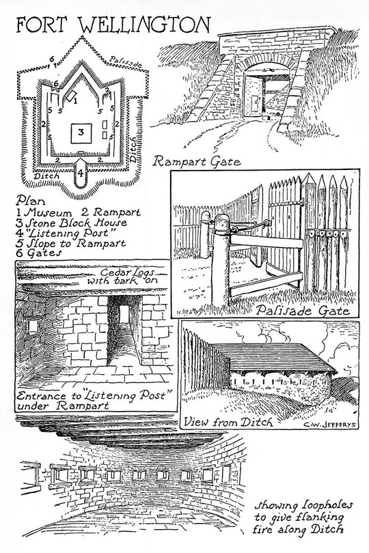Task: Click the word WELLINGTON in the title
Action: pos(143,25)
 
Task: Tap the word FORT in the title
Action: pos(41,25)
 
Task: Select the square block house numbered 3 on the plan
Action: pos(81,133)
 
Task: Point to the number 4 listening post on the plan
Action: pos(81,173)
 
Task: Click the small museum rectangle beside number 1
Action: pos(72,94)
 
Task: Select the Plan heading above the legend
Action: pos(30,201)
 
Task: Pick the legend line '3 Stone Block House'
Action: pos(71,223)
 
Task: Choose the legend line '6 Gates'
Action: pos(39,253)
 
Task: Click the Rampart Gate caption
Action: pos(197,162)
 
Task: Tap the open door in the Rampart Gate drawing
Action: pos(254,96)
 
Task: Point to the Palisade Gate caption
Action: pos(303,310)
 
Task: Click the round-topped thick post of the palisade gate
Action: pos(221,260)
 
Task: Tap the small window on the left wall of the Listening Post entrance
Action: pos(33,327)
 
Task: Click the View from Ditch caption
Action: pos(228,422)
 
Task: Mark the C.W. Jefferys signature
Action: pos(330,424)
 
